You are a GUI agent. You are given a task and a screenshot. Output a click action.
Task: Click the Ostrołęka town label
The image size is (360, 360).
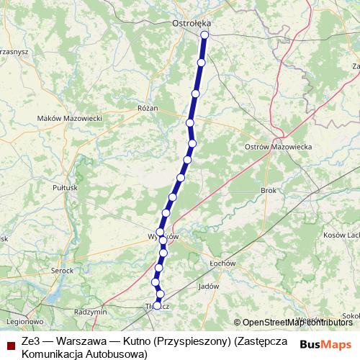click(190, 24)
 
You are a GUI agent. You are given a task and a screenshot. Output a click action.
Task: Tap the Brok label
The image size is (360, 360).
click(269, 191)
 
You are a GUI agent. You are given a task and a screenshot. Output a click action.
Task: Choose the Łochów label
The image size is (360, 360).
click(222, 264)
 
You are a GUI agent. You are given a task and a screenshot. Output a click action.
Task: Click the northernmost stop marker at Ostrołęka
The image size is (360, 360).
click(204, 35)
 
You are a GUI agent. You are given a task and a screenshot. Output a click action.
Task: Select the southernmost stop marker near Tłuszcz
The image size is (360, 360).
click(157, 306)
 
